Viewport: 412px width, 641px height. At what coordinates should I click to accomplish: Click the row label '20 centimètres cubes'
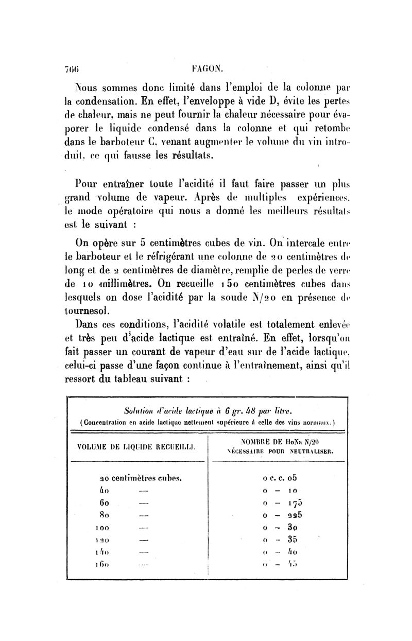click(141, 477)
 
